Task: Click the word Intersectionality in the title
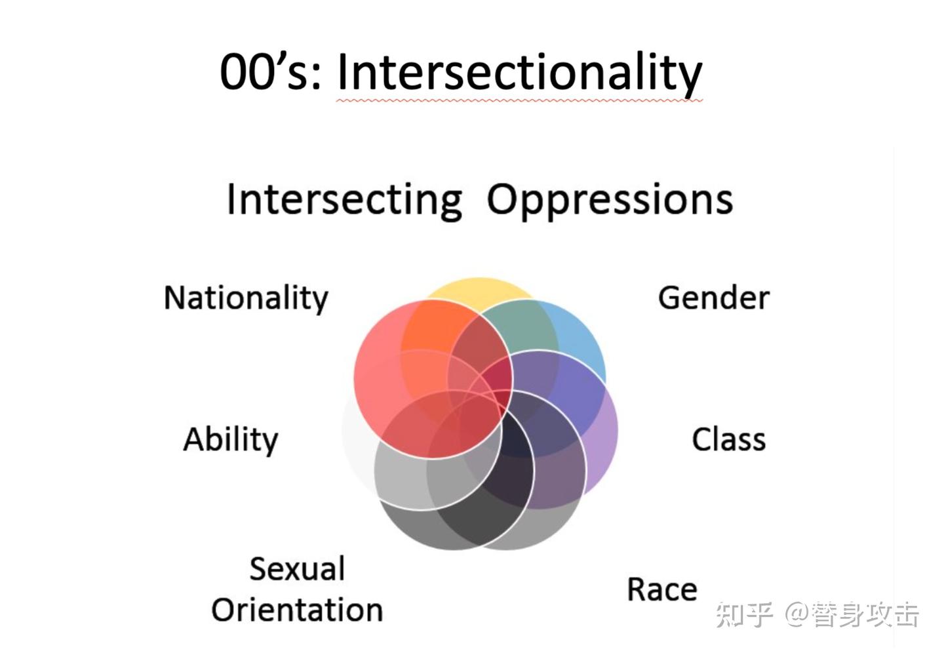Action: coord(519,72)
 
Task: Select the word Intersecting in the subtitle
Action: coord(344,199)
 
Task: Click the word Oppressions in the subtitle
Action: coord(610,199)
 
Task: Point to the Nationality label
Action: coord(246,298)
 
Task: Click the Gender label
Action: coord(713,298)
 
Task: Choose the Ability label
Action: coord(231,439)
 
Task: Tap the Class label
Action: coord(728,439)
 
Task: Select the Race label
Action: coord(662,589)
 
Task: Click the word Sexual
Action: coord(297,568)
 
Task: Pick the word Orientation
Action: coord(297,610)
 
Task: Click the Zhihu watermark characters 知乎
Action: coord(745,615)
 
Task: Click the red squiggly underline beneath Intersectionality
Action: coord(519,101)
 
